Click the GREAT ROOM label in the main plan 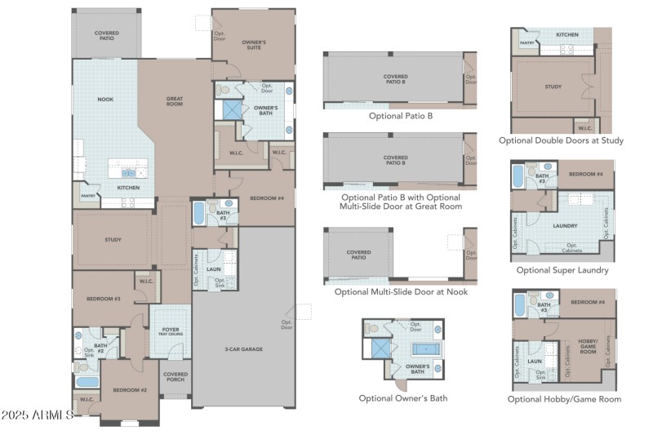click(175, 101)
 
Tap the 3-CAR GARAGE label click(245, 348)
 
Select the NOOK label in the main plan click(105, 100)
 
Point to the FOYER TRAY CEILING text click(171, 332)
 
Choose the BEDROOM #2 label click(129, 390)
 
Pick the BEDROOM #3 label click(104, 299)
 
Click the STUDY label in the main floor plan click(113, 240)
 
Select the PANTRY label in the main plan click(88, 196)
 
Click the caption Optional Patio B click(400, 116)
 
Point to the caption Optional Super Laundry click(562, 269)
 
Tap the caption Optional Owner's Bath click(402, 398)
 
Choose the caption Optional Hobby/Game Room click(564, 399)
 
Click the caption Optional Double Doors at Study click(561, 140)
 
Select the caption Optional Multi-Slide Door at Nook click(401, 291)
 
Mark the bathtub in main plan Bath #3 click(200, 215)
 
